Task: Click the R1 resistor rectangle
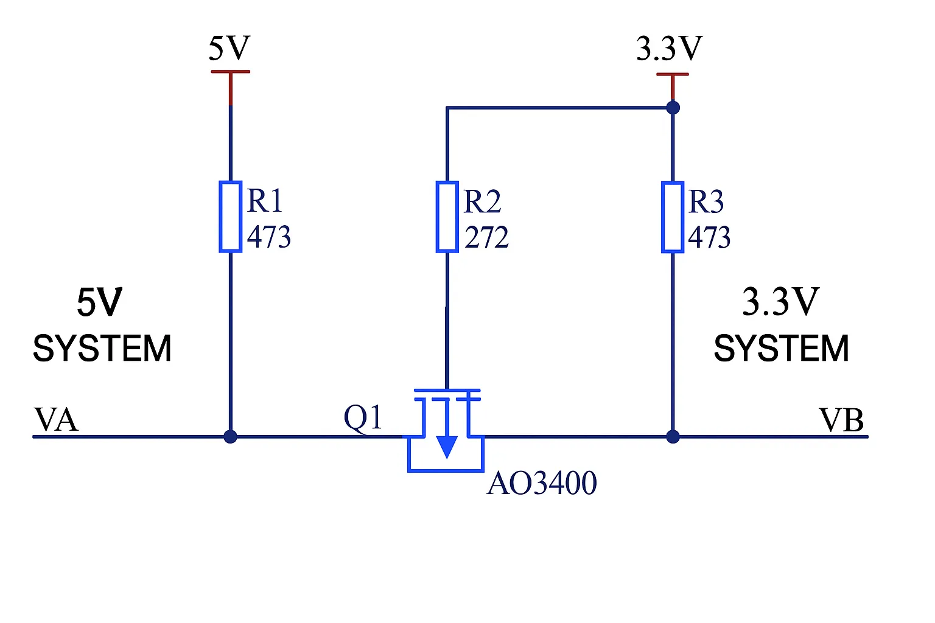pos(230,217)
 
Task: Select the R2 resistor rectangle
pos(447,217)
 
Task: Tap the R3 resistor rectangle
pos(672,217)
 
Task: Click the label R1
pos(265,200)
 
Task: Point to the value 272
pos(486,237)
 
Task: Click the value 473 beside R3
pos(709,237)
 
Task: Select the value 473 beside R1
pos(268,237)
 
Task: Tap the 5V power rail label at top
pos(229,48)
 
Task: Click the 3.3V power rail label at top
pos(669,49)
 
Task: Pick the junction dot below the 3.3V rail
pos(673,108)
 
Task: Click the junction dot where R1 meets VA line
pos(230,436)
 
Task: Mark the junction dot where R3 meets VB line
pos(673,436)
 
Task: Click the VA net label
pos(56,420)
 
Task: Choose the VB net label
pos(841,420)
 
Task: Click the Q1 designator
pos(363,418)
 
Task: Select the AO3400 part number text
pos(542,484)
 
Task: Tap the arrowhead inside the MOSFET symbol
pos(447,447)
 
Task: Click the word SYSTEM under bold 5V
pos(102,349)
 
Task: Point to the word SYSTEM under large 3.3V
pos(781,349)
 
